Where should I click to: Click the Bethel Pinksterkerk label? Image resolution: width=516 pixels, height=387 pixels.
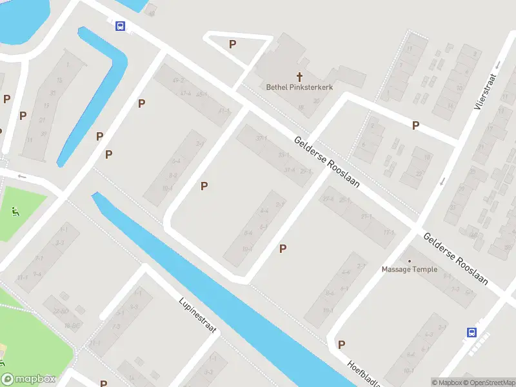[299, 86]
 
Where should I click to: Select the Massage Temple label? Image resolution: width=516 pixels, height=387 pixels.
[409, 270]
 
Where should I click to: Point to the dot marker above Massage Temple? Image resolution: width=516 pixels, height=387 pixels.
[409, 261]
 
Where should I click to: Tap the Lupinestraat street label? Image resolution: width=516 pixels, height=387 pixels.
[199, 315]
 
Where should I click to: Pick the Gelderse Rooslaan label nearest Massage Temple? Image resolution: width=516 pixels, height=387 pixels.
[455, 259]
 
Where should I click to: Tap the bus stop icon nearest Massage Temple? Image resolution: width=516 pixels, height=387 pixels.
[471, 333]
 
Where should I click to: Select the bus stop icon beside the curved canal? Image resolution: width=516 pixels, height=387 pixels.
[120, 26]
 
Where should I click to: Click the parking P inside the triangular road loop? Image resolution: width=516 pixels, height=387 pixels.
[232, 44]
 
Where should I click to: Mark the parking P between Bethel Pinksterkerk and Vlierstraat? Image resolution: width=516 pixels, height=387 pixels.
[415, 126]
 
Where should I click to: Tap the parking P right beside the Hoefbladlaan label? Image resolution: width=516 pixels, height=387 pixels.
[341, 344]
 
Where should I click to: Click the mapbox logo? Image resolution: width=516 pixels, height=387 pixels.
[28, 379]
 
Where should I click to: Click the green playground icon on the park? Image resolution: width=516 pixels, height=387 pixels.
[14, 210]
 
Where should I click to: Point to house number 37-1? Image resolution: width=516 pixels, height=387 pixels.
[261, 138]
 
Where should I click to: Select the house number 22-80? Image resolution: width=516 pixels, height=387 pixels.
[61, 312]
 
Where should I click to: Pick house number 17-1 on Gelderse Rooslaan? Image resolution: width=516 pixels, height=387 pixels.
[388, 232]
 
